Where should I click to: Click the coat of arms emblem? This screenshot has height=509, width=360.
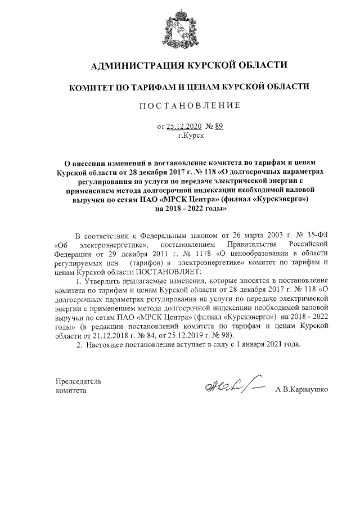click(x=180, y=29)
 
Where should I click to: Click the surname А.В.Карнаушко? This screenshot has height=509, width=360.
click(x=301, y=389)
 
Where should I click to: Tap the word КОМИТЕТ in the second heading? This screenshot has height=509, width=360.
click(x=92, y=87)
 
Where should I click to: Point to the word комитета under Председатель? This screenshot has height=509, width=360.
click(x=71, y=390)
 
